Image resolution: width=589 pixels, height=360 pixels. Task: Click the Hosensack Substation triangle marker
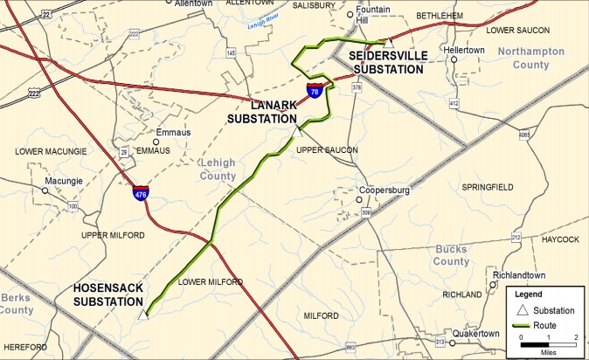(144, 315)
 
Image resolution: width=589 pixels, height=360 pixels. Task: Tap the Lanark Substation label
(262, 113)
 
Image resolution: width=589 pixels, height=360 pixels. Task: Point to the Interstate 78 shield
(314, 90)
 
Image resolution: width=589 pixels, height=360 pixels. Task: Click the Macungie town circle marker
(45, 190)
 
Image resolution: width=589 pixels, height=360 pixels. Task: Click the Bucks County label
(452, 255)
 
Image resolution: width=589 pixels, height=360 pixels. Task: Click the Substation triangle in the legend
(521, 311)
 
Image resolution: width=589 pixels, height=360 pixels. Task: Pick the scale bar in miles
(548, 345)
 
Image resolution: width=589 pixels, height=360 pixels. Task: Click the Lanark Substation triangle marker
(297, 132)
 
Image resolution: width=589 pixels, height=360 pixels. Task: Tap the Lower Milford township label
(209, 282)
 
